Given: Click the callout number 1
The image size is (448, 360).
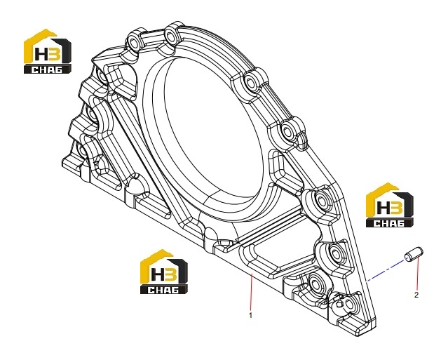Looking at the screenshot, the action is pos(250,315).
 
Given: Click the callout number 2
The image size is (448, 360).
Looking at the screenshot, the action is pos(416,295).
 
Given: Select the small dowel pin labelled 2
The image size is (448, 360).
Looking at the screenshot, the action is pos(414,254).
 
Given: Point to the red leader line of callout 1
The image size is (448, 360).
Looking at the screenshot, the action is pos(251,292).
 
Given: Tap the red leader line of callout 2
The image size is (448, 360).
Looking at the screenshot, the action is pos(417,274).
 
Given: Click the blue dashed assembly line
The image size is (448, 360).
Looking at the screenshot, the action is pos(386,270).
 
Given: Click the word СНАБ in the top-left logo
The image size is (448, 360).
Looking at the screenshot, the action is pos(46,69).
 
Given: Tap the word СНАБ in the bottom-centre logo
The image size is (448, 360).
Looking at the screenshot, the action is pos(163,290).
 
